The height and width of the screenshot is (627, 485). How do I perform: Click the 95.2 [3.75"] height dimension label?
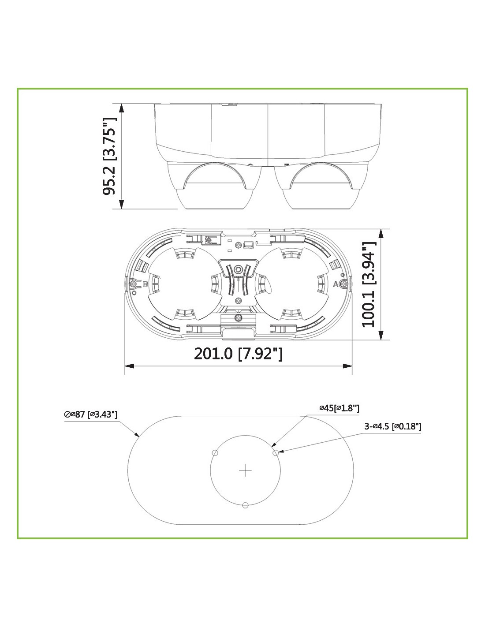coord(110,156)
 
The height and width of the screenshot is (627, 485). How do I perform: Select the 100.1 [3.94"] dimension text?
coord(369,284)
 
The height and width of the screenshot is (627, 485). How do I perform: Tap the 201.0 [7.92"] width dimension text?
coord(238,354)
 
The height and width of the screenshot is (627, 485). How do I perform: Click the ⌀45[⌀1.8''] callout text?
coord(339,408)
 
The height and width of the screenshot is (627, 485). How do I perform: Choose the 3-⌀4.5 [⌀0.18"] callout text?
coord(393,426)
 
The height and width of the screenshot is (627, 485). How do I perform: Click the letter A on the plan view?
coord(336,284)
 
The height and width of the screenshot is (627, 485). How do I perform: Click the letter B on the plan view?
coord(145,284)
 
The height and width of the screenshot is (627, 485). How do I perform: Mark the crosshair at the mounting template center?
coord(245,470)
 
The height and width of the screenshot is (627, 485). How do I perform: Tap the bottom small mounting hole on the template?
coord(245,505)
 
